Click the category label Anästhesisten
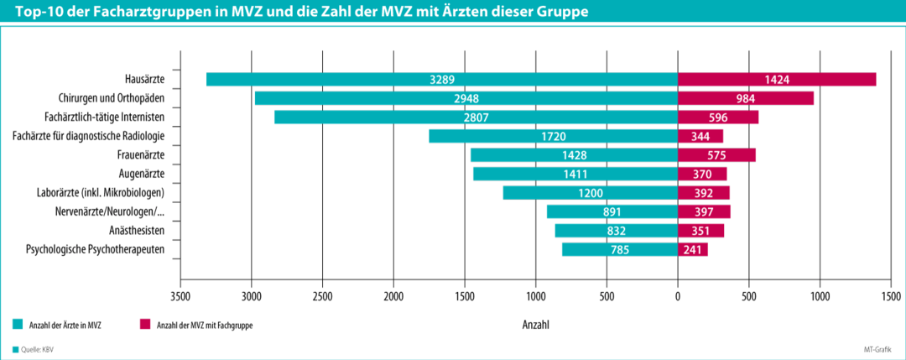click(136, 230)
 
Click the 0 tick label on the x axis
click(678, 296)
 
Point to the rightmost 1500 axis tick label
click(891, 296)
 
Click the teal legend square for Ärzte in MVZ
click(18, 324)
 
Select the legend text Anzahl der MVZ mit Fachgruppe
click(205, 324)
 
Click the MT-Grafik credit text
click(878, 349)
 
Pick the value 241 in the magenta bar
click(693, 249)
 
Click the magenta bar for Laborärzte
click(703, 193)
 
